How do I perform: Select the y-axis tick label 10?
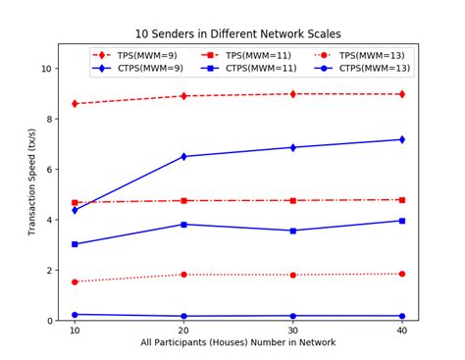coord(45,69)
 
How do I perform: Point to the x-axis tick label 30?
coord(292,332)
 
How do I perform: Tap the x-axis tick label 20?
coord(183,332)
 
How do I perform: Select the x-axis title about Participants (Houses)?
coord(237,343)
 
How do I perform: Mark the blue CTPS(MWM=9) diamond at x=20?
coord(183,156)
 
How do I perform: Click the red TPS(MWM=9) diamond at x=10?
coord(75,103)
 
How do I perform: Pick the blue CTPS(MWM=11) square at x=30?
coord(292,231)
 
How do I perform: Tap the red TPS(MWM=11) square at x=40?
coord(401,200)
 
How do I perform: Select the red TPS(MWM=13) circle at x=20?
coord(183,275)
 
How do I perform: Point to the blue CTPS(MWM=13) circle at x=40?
coord(401,316)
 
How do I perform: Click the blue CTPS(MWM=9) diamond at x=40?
coord(401,139)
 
